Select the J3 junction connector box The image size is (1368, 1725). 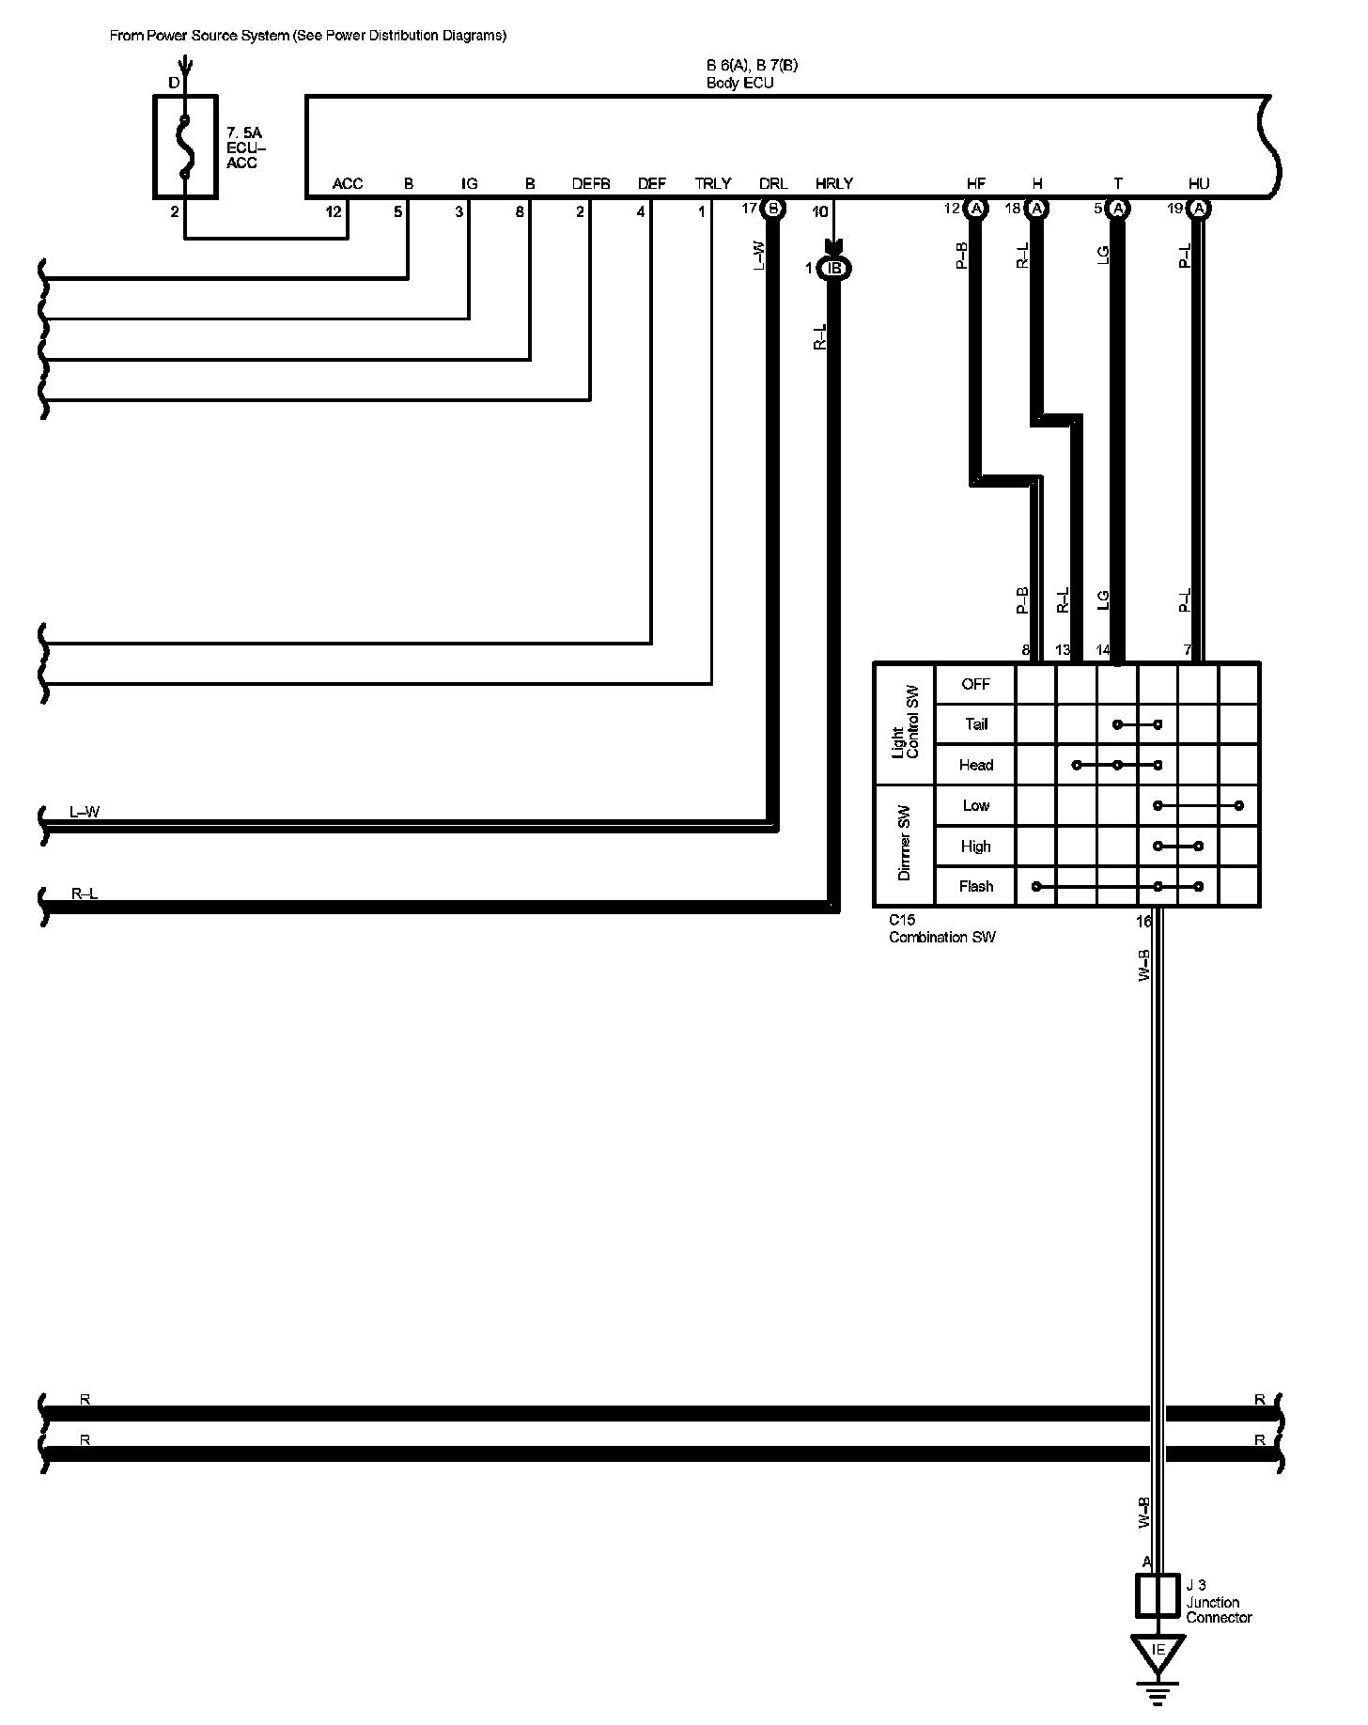pyautogui.click(x=1158, y=1596)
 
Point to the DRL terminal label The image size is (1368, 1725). pyautogui.click(x=773, y=184)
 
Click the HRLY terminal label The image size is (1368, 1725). pyautogui.click(x=834, y=184)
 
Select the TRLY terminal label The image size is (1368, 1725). pyautogui.click(x=713, y=184)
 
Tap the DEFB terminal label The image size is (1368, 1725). pyautogui.click(x=591, y=184)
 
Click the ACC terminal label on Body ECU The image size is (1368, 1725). pyautogui.click(x=348, y=184)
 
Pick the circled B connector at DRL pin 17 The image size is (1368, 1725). pyautogui.click(x=773, y=209)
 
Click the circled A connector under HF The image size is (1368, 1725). pyautogui.click(x=976, y=209)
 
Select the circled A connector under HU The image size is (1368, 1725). pyautogui.click(x=1199, y=209)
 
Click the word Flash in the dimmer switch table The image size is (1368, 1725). pyautogui.click(x=976, y=886)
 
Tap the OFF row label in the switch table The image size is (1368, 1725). pyautogui.click(x=976, y=684)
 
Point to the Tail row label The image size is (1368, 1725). pyautogui.click(x=976, y=724)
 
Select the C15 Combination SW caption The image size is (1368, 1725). pyautogui.click(x=941, y=929)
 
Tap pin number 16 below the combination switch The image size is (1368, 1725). pyautogui.click(x=1143, y=922)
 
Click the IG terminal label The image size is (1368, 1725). pyautogui.click(x=470, y=184)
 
